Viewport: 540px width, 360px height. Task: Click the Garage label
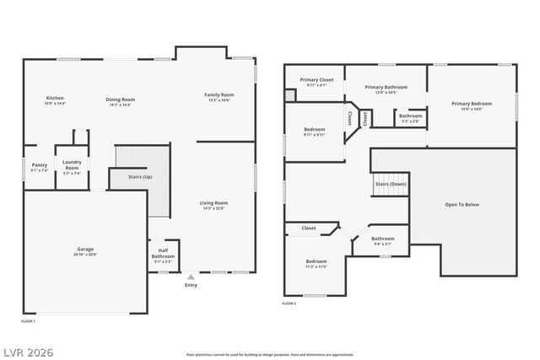[85, 251]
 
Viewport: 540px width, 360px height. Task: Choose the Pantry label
[39, 167]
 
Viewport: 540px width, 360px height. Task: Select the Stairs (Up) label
[140, 178]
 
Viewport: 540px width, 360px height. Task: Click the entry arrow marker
[191, 276]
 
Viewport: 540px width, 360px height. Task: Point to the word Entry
[191, 285]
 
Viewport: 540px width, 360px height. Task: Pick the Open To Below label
[462, 205]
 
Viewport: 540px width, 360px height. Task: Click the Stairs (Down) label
[391, 184]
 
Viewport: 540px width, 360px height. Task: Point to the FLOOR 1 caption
[29, 321]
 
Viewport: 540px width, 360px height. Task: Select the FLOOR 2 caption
[289, 304]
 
